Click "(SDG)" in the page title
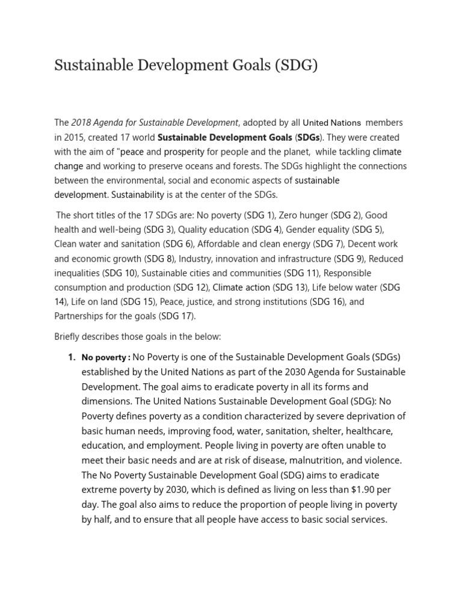click(296, 65)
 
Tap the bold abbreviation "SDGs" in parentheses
click(309, 137)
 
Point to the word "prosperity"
click(184, 152)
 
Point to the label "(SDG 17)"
click(177, 316)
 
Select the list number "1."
click(72, 357)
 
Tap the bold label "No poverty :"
click(106, 358)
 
